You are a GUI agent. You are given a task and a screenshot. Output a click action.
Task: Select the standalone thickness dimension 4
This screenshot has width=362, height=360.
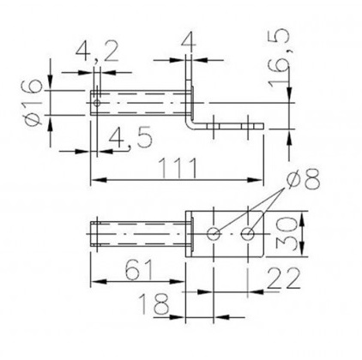coord(185,42)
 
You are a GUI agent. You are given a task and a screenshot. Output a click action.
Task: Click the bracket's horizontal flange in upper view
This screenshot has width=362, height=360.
coord(232,126)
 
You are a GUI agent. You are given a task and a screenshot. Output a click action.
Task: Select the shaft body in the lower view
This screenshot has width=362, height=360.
coord(137,232)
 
